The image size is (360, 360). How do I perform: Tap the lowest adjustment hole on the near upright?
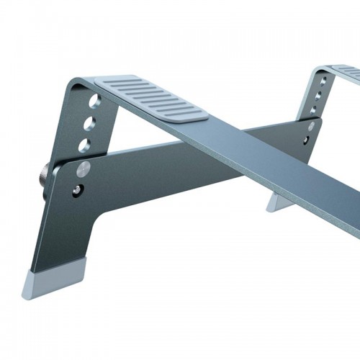coord(86,144)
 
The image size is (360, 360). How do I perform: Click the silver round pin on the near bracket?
coord(84,169)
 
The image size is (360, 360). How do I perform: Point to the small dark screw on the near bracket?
coord(78,191)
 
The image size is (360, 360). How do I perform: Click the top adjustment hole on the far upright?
coord(320,81)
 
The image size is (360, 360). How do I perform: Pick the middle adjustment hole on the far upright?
coord(317,95)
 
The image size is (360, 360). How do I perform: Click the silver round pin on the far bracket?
coord(311,126)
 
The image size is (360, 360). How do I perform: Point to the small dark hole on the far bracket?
coord(309,139)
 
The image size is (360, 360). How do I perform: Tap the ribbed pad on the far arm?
coord(348,72)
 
